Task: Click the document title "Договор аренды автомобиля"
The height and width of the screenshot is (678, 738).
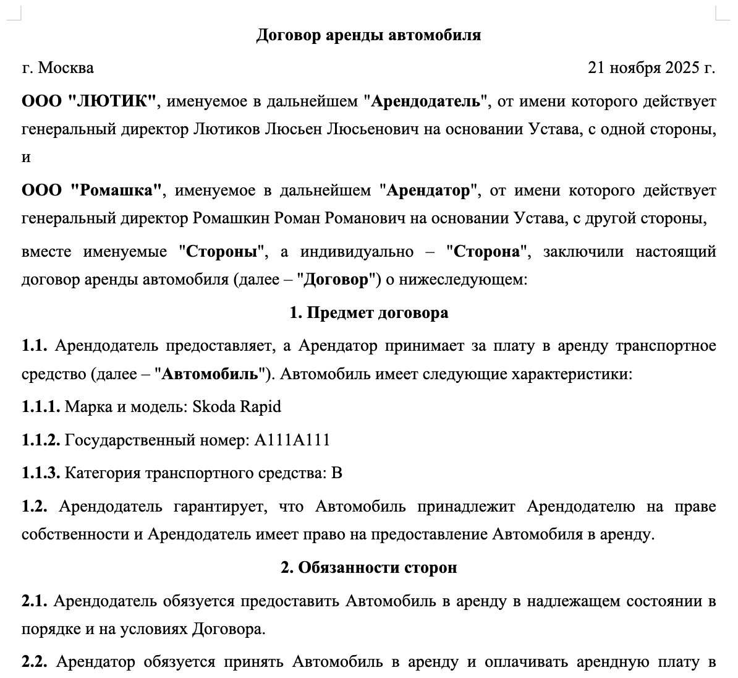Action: click(368, 35)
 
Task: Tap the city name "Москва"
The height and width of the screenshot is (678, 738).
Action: click(66, 67)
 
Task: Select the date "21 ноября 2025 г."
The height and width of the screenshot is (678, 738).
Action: click(651, 67)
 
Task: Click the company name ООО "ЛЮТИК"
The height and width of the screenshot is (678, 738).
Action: click(89, 101)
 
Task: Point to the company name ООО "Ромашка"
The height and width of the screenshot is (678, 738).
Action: click(91, 191)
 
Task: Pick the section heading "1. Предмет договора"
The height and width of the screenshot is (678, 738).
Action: click(368, 313)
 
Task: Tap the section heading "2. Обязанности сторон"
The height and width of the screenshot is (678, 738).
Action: click(368, 567)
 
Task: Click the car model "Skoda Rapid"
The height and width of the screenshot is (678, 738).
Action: click(237, 407)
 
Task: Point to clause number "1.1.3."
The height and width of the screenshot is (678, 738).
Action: click(41, 474)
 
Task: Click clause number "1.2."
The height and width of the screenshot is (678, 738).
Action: click(35, 507)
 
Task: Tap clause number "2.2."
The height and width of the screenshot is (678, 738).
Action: click(35, 663)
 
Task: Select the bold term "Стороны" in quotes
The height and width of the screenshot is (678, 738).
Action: click(222, 252)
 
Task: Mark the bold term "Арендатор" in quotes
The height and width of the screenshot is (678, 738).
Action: click(428, 191)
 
